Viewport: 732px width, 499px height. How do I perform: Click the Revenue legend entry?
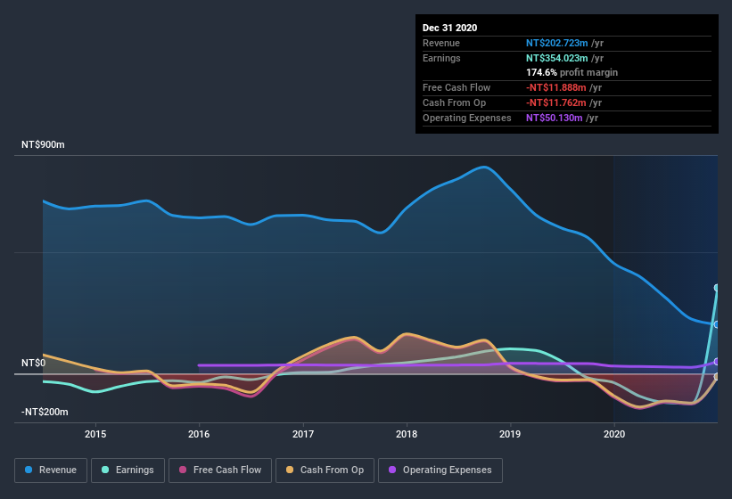pyautogui.click(x=50, y=470)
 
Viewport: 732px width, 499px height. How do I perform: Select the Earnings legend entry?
pyautogui.click(x=127, y=470)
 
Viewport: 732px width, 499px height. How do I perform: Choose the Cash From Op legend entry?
pyautogui.click(x=325, y=470)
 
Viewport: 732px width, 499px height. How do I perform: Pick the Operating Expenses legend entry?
pyautogui.click(x=440, y=470)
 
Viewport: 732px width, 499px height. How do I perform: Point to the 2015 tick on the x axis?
pyautogui.click(x=95, y=435)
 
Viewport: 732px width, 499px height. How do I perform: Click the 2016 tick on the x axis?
pyautogui.click(x=199, y=435)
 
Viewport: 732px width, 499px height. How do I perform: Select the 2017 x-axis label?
pyautogui.click(x=303, y=435)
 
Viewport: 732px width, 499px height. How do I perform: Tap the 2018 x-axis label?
pyautogui.click(x=407, y=435)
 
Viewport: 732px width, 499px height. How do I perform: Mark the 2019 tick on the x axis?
pyautogui.click(x=511, y=435)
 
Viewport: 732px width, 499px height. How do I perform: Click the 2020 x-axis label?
pyautogui.click(x=614, y=435)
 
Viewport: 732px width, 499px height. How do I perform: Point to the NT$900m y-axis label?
pyautogui.click(x=44, y=144)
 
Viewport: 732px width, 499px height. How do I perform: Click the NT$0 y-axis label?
pyautogui.click(x=33, y=364)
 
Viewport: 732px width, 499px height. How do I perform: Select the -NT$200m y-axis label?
pyautogui.click(x=45, y=413)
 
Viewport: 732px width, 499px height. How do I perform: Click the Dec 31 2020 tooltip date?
pyautogui.click(x=449, y=28)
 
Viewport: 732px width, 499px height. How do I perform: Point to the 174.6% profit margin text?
pyautogui.click(x=572, y=73)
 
